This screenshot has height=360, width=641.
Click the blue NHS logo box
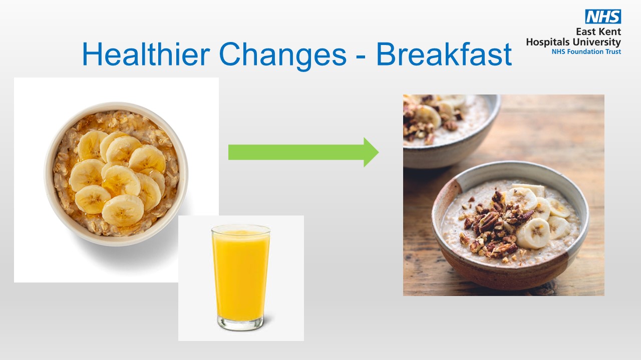pyautogui.click(x=603, y=16)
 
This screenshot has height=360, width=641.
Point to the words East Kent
pyautogui.click(x=598, y=32)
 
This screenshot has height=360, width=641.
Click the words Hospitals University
pyautogui.click(x=573, y=42)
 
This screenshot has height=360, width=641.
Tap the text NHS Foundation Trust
pyautogui.click(x=586, y=51)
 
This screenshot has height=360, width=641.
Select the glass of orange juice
pyautogui.click(x=241, y=275)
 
